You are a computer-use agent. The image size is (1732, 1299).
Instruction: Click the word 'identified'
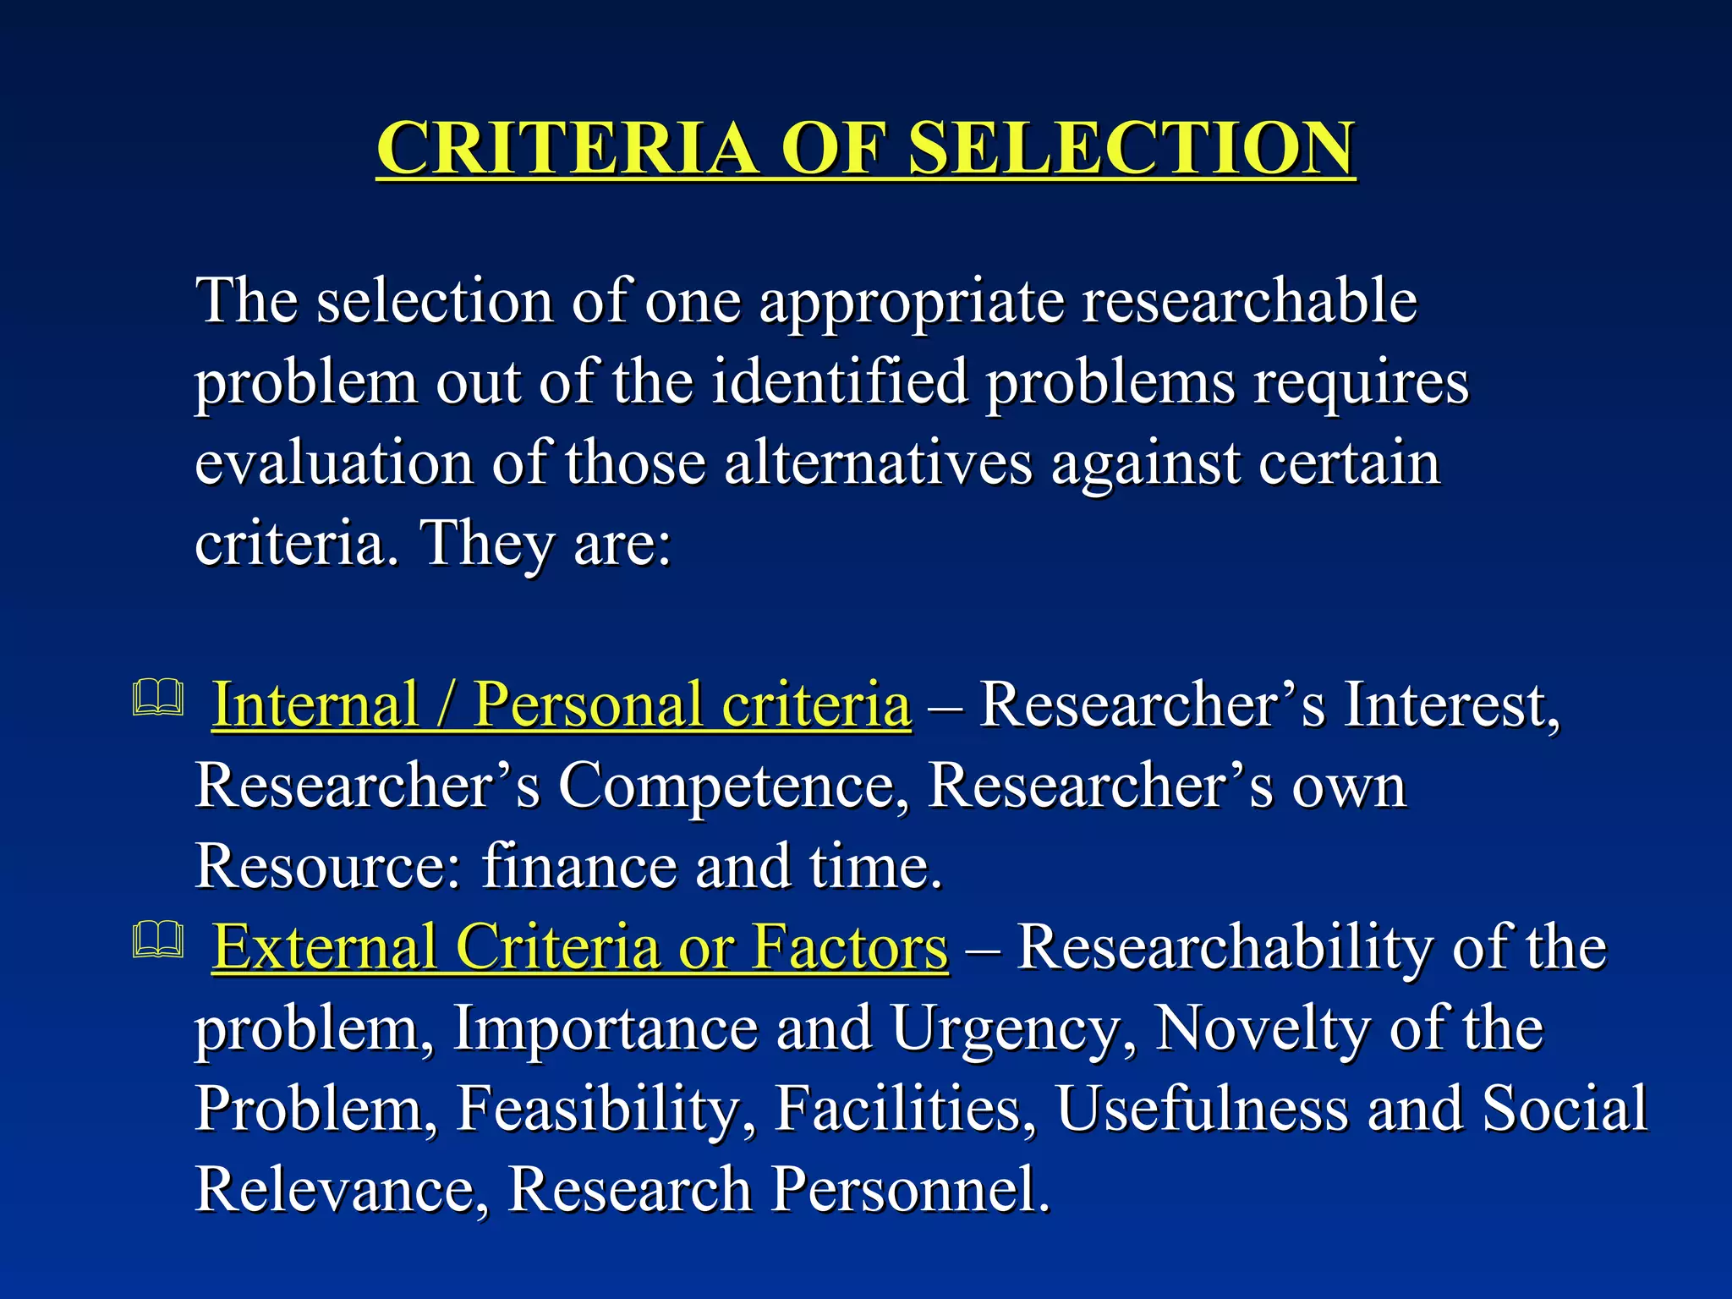839,381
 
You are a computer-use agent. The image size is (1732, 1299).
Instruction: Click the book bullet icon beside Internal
158,699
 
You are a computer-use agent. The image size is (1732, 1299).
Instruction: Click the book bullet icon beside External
158,940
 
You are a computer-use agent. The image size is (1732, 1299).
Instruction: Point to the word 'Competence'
733,786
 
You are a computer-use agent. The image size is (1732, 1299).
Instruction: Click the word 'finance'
579,866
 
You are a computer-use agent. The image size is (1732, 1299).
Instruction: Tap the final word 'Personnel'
911,1189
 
